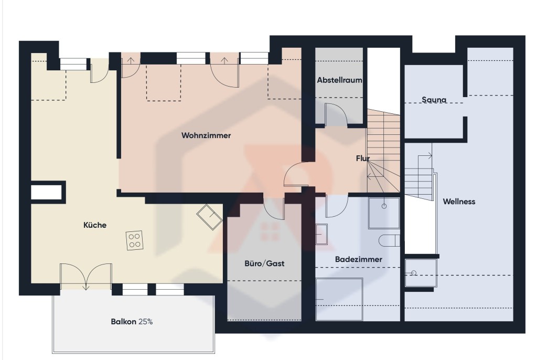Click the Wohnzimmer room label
(x=206, y=135)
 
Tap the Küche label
(x=95, y=225)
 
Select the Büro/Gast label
(x=264, y=263)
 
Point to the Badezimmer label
(x=358, y=259)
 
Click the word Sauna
(x=434, y=100)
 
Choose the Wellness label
(x=459, y=202)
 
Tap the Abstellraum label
(x=339, y=80)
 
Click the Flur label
(x=363, y=158)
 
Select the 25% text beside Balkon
(x=146, y=322)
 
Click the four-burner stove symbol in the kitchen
(x=135, y=240)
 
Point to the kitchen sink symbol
(x=210, y=217)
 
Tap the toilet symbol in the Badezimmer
(x=390, y=240)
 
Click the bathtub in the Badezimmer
(x=339, y=299)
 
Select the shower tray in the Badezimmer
(x=384, y=213)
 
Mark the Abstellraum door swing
(x=336, y=114)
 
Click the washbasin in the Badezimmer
(x=321, y=234)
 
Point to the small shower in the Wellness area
(x=421, y=273)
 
